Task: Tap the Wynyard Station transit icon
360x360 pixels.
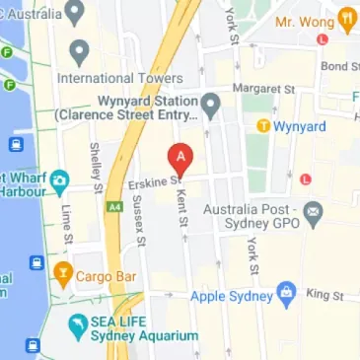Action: click(x=210, y=105)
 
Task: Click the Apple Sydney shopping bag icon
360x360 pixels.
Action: click(x=286, y=293)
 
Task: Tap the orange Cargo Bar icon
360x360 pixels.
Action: click(x=63, y=271)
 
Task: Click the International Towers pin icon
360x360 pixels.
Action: click(x=79, y=50)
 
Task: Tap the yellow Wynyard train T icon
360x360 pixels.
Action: click(x=263, y=125)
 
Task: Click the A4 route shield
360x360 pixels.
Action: click(x=115, y=206)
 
